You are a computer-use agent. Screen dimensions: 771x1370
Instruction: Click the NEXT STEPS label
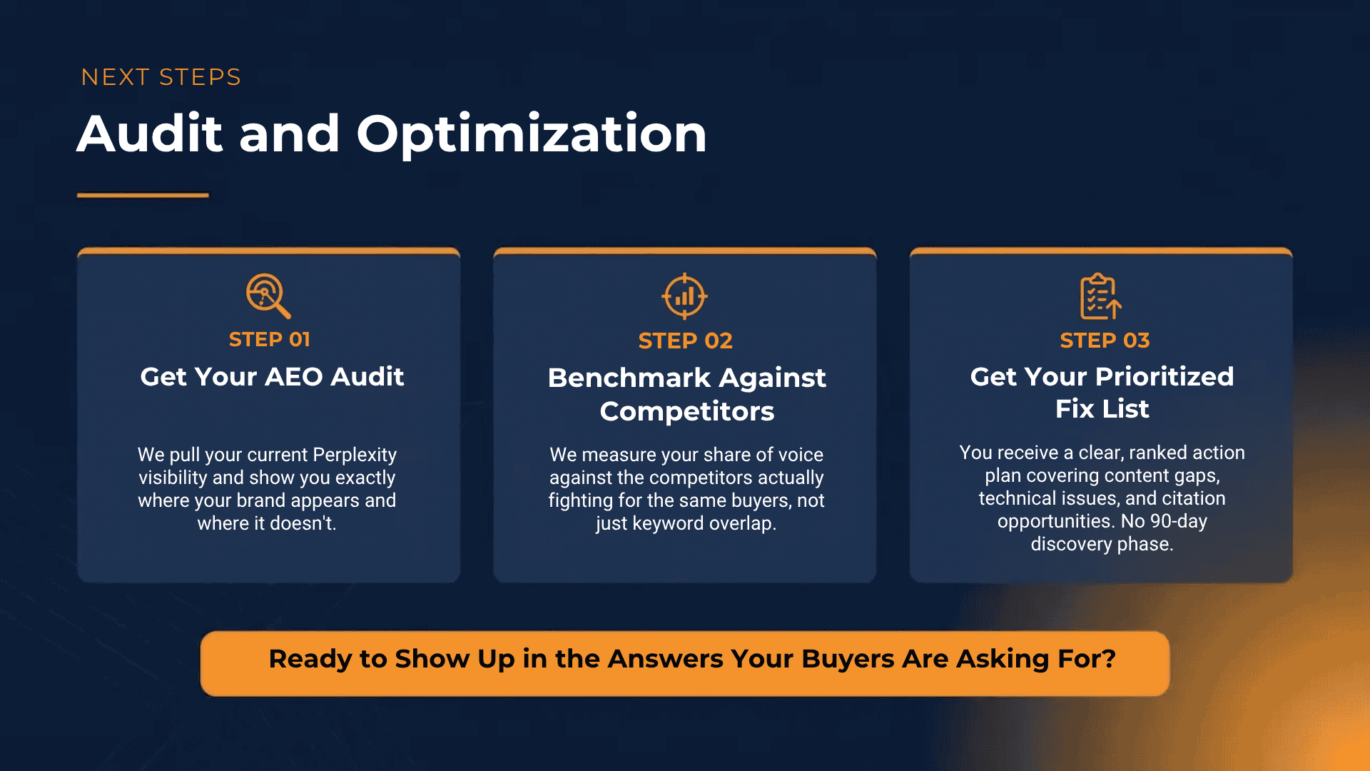coord(161,77)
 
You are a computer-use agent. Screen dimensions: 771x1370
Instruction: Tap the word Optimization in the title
coord(531,134)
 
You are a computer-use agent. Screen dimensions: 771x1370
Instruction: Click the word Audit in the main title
coord(150,133)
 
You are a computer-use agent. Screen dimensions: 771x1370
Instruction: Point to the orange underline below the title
coord(143,195)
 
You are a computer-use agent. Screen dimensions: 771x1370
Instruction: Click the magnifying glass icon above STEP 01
coord(268,295)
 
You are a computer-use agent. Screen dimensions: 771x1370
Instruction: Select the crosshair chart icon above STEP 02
coord(684,296)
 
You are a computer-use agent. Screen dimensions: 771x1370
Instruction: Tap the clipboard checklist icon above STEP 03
coord(1100,296)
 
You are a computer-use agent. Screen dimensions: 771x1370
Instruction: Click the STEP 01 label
coord(269,340)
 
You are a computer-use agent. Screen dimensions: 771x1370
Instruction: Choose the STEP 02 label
coord(685,341)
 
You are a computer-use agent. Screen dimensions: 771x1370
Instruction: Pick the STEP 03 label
coord(1105,341)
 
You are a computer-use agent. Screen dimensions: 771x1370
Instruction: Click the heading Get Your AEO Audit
coord(272,377)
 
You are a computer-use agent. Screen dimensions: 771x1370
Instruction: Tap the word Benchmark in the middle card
coord(628,378)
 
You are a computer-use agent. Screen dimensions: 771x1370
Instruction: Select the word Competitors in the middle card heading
coord(686,411)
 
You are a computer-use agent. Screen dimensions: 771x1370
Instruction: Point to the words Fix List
coord(1102,409)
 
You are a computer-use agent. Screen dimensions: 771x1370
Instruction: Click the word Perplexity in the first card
coord(354,455)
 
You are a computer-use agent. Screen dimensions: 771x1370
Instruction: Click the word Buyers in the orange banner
coord(848,659)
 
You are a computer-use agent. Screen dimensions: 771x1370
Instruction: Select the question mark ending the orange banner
coord(1110,659)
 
